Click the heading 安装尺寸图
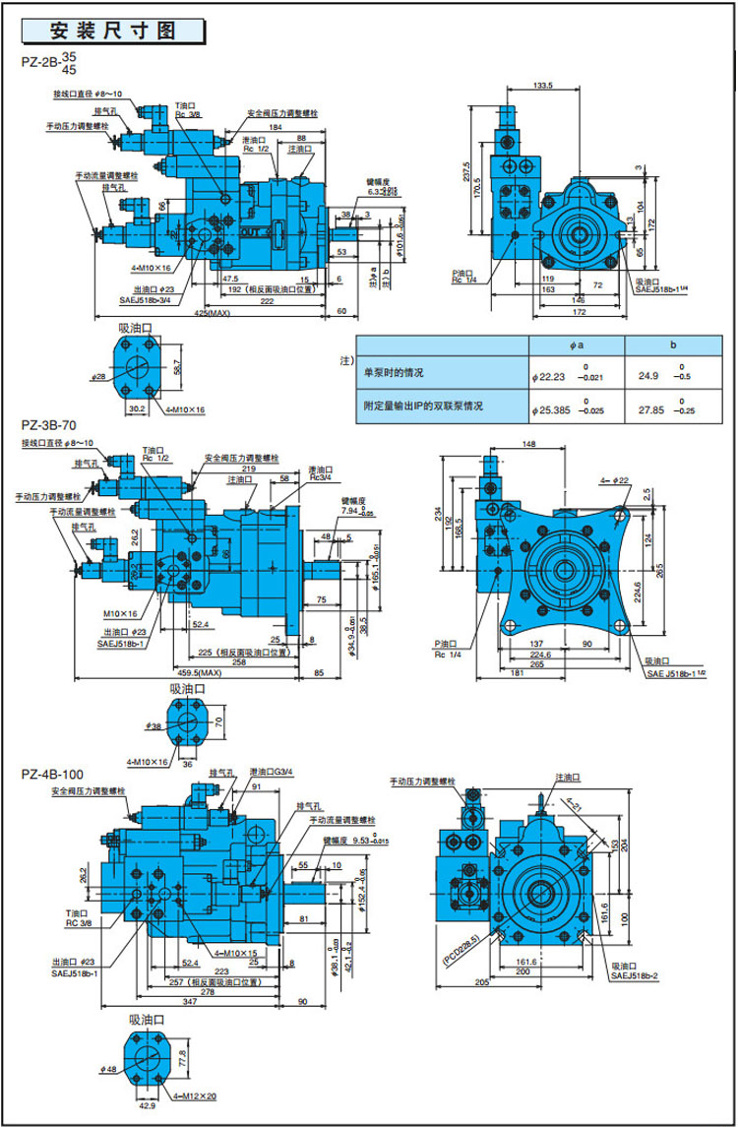tap(112, 30)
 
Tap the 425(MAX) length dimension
tap(212, 314)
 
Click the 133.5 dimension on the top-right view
tap(542, 86)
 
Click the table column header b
tap(671, 344)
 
